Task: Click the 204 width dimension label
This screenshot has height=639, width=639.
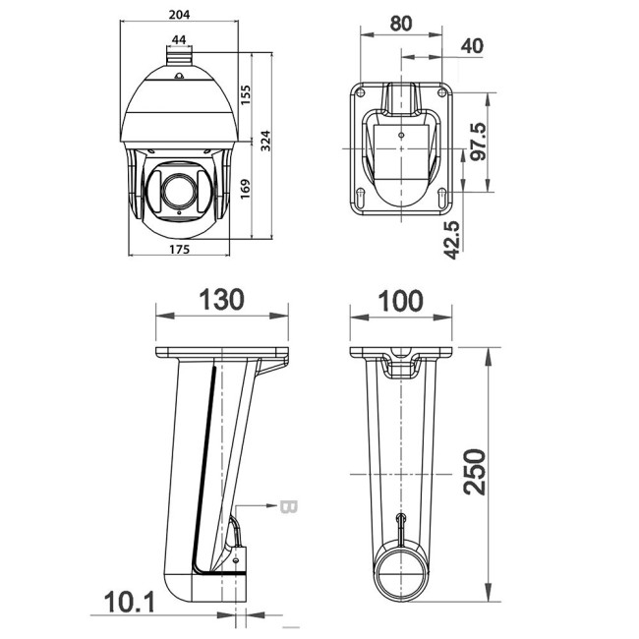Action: (x=178, y=14)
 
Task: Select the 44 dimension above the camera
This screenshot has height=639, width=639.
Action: (x=179, y=39)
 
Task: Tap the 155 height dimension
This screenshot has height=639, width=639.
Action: (x=246, y=94)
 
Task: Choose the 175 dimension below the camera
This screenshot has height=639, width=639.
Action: (x=178, y=249)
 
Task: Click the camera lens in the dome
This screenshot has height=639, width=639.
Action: (x=178, y=187)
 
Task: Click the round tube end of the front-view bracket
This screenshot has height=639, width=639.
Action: (x=401, y=573)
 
